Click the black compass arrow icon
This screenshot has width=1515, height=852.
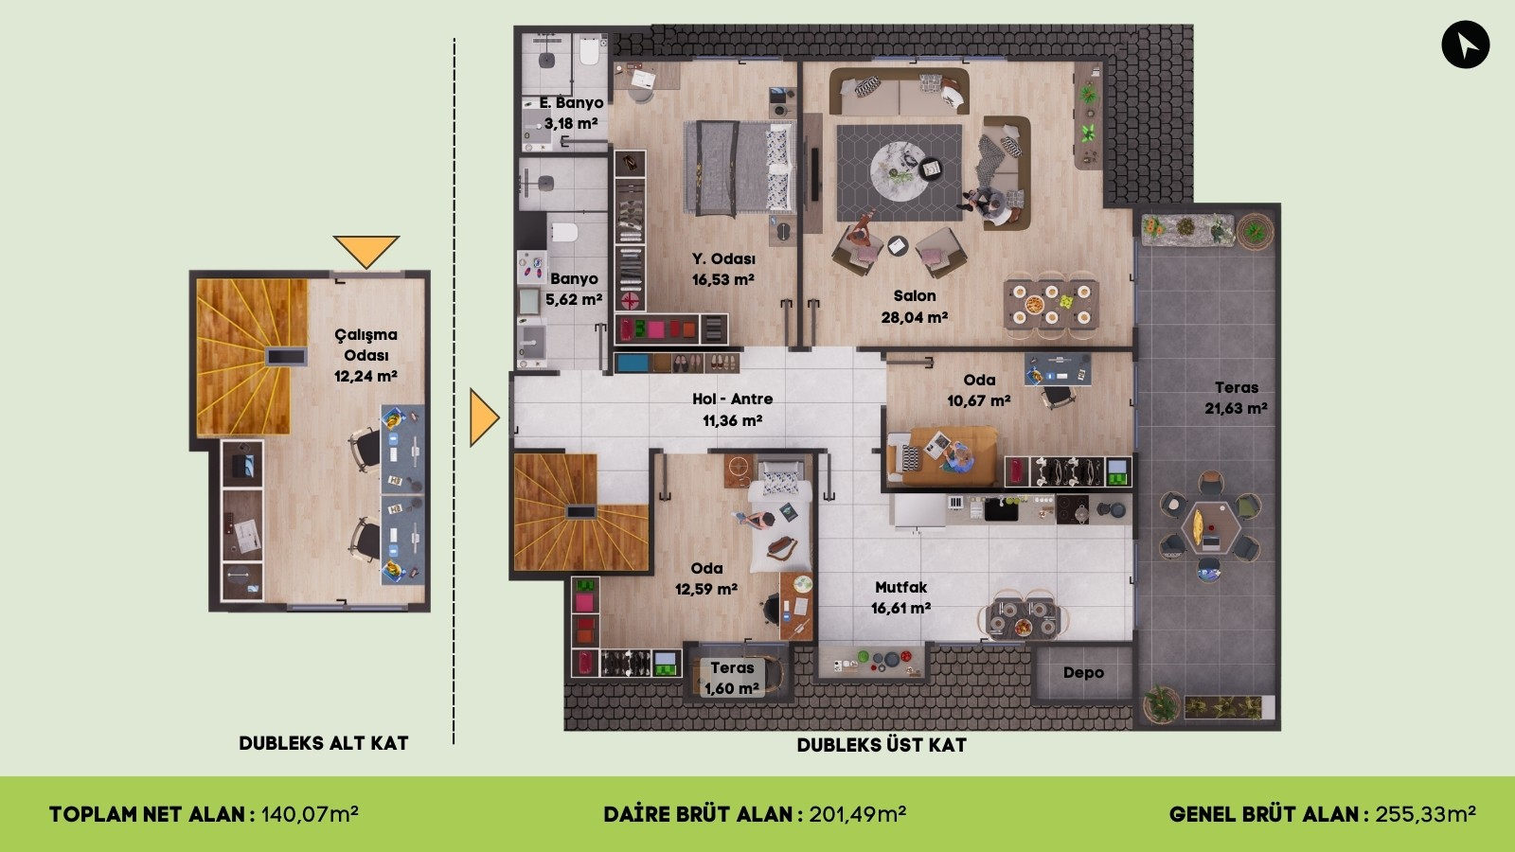[1465, 44]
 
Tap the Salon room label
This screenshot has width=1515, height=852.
[914, 296]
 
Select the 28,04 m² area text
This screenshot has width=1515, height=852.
[914, 318]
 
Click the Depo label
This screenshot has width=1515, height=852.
[1083, 673]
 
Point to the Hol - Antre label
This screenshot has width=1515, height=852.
[732, 399]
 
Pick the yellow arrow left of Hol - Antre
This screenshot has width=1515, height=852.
[483, 417]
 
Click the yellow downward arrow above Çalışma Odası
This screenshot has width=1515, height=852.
[365, 251]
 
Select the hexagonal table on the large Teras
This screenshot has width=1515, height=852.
[1209, 527]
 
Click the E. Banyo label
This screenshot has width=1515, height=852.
[571, 102]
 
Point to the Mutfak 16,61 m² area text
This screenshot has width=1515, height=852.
[900, 609]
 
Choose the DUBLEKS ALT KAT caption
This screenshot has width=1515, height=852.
[324, 743]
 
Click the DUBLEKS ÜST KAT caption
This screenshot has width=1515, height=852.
[882, 745]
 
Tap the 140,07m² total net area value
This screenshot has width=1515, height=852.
[310, 814]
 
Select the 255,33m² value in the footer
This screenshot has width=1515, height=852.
[1425, 814]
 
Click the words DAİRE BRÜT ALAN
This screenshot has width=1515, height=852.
[698, 814]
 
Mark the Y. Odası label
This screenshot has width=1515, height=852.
[723, 258]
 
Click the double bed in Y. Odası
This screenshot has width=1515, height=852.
[738, 169]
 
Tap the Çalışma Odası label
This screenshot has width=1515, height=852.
[365, 345]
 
